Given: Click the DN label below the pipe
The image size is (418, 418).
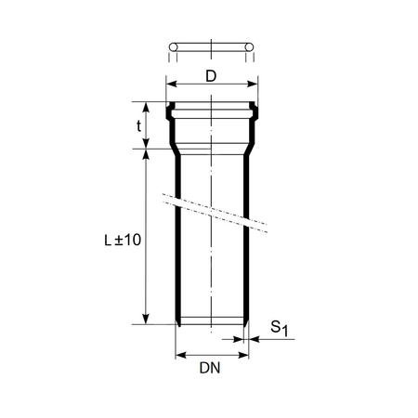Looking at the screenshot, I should (209, 369).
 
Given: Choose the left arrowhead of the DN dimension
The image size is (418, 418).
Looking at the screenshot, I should (180, 354).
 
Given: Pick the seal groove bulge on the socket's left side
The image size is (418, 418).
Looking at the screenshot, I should (169, 113).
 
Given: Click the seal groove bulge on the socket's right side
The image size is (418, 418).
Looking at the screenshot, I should (254, 113).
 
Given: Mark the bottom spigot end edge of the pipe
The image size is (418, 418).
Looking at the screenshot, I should (211, 325).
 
